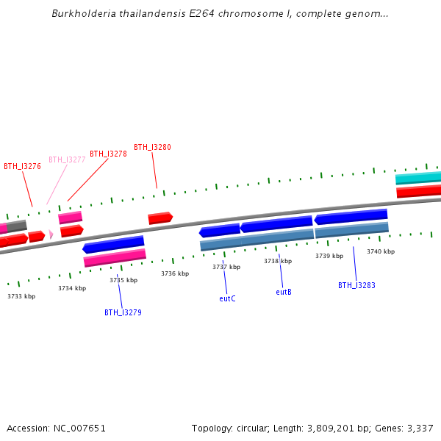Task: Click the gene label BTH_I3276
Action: [x=22, y=166]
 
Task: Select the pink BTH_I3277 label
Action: [x=67, y=159]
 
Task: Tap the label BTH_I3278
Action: [x=108, y=154]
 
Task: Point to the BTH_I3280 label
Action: [x=152, y=147]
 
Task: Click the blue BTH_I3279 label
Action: [x=123, y=312]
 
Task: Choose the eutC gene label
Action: [x=227, y=298]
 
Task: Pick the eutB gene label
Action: [x=284, y=292]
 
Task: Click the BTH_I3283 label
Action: [x=356, y=285]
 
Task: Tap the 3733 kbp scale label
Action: [x=21, y=296]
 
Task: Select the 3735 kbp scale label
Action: [x=123, y=280]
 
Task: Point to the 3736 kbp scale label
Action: [x=175, y=273]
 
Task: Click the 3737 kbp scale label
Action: [x=226, y=267]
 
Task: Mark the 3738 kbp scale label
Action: [x=278, y=261]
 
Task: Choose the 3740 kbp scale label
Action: [x=381, y=251]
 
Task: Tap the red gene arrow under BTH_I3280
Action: [x=160, y=218]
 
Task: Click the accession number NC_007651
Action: [x=78, y=428]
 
